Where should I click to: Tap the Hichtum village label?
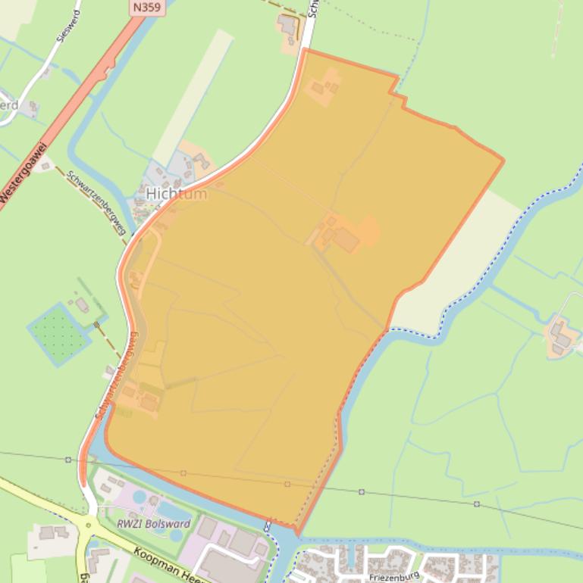[x=176, y=194]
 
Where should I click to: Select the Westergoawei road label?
[x=24, y=173]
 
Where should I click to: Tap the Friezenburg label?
[x=393, y=576]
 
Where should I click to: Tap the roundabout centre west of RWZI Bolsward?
[x=89, y=524]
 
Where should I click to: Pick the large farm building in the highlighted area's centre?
[x=346, y=240]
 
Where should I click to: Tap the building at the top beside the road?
[x=288, y=26]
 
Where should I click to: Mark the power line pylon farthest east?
[x=477, y=503]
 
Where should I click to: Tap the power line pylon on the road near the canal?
[x=68, y=460]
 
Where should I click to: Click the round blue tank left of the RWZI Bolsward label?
[x=139, y=497]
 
